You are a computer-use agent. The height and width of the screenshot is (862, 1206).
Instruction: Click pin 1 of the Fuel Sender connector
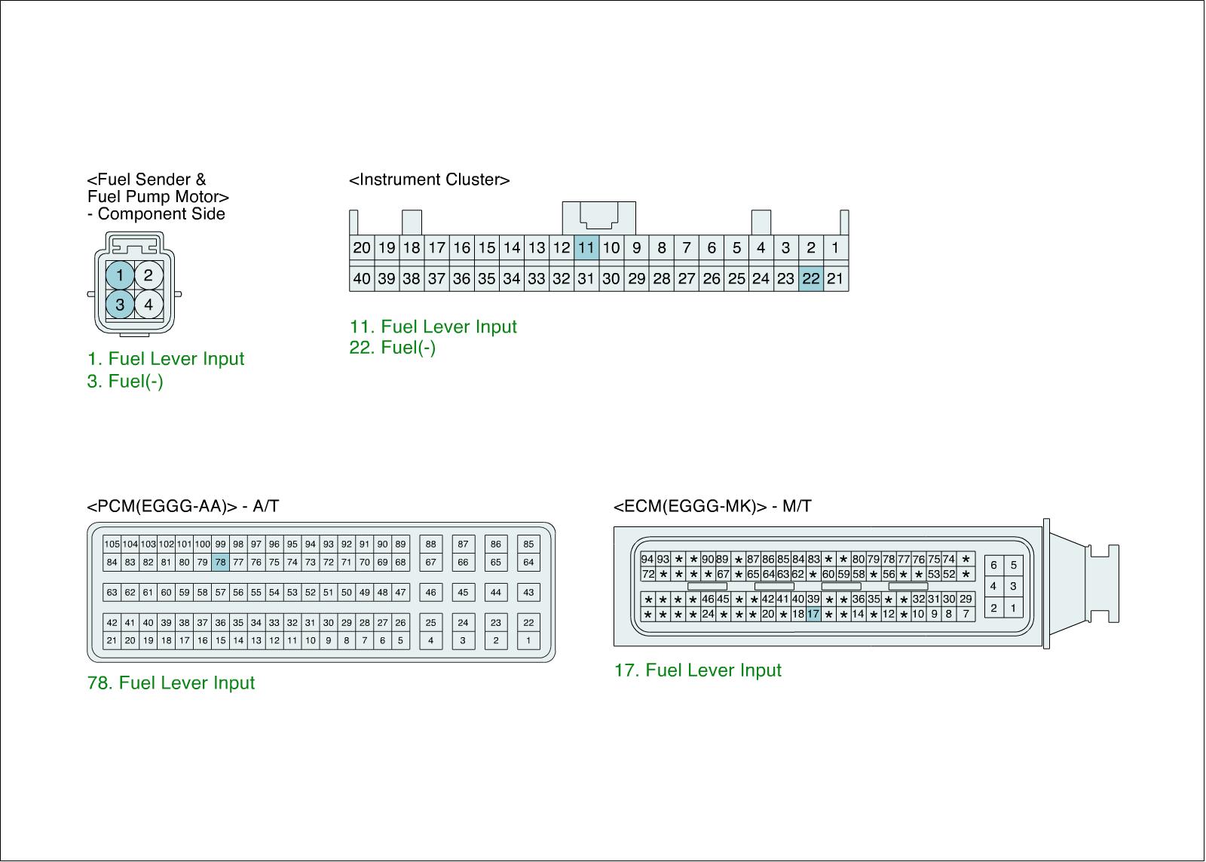(x=120, y=275)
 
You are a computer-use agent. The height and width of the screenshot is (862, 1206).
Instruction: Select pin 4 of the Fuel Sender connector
(x=148, y=305)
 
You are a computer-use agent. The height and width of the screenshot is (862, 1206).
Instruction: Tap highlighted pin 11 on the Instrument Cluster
(x=586, y=248)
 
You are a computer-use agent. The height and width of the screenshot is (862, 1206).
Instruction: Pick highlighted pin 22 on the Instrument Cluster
(x=811, y=278)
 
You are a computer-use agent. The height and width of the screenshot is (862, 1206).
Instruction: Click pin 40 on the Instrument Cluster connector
(x=362, y=278)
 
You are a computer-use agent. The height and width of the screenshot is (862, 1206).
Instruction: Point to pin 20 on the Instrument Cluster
(x=362, y=248)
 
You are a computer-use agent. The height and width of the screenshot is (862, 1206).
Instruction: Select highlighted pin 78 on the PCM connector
(x=220, y=562)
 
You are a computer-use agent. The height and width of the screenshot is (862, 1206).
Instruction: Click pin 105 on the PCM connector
(x=112, y=545)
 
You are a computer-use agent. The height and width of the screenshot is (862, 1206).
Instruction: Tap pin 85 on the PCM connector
(x=528, y=545)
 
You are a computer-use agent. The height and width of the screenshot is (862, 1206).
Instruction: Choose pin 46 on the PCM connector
(x=430, y=592)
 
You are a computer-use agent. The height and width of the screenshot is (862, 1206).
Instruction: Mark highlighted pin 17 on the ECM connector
(x=813, y=614)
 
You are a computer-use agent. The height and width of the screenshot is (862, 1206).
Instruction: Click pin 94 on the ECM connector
(x=647, y=560)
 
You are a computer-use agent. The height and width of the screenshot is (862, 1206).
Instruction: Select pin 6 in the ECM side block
(x=994, y=565)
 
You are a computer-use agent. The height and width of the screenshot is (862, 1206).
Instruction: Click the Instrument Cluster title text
(x=429, y=179)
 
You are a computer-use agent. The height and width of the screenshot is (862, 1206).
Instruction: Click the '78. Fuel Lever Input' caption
(x=170, y=683)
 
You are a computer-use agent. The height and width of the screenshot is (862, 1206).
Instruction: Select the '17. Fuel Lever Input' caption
(x=698, y=670)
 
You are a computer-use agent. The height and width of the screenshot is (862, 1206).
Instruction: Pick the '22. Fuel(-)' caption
(x=393, y=348)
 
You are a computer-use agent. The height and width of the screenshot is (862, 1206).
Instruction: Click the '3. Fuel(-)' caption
(x=125, y=382)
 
